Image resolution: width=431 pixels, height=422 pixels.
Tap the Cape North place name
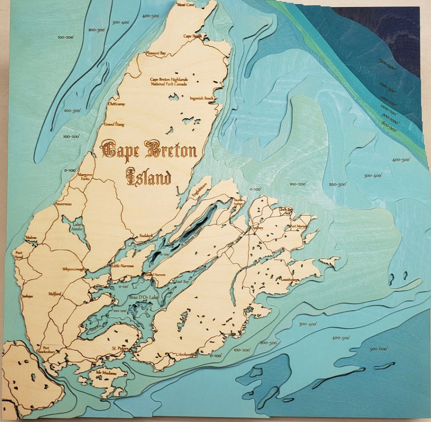coord(192,36)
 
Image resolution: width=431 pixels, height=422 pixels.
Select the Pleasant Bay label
coord(156,53)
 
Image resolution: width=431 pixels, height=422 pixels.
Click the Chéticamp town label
coord(116,104)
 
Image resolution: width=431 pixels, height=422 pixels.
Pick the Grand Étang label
coord(114,124)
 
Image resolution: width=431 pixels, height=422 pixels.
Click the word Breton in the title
coord(170,150)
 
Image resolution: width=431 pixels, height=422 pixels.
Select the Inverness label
coord(63,204)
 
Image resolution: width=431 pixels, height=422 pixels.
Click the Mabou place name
coord(32,238)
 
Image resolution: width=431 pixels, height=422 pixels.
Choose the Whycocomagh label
coord(74,269)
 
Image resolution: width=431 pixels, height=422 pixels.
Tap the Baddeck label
coord(140,236)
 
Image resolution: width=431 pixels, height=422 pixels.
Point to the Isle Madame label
coord(105,373)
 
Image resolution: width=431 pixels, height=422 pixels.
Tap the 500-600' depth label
coord(378,349)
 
